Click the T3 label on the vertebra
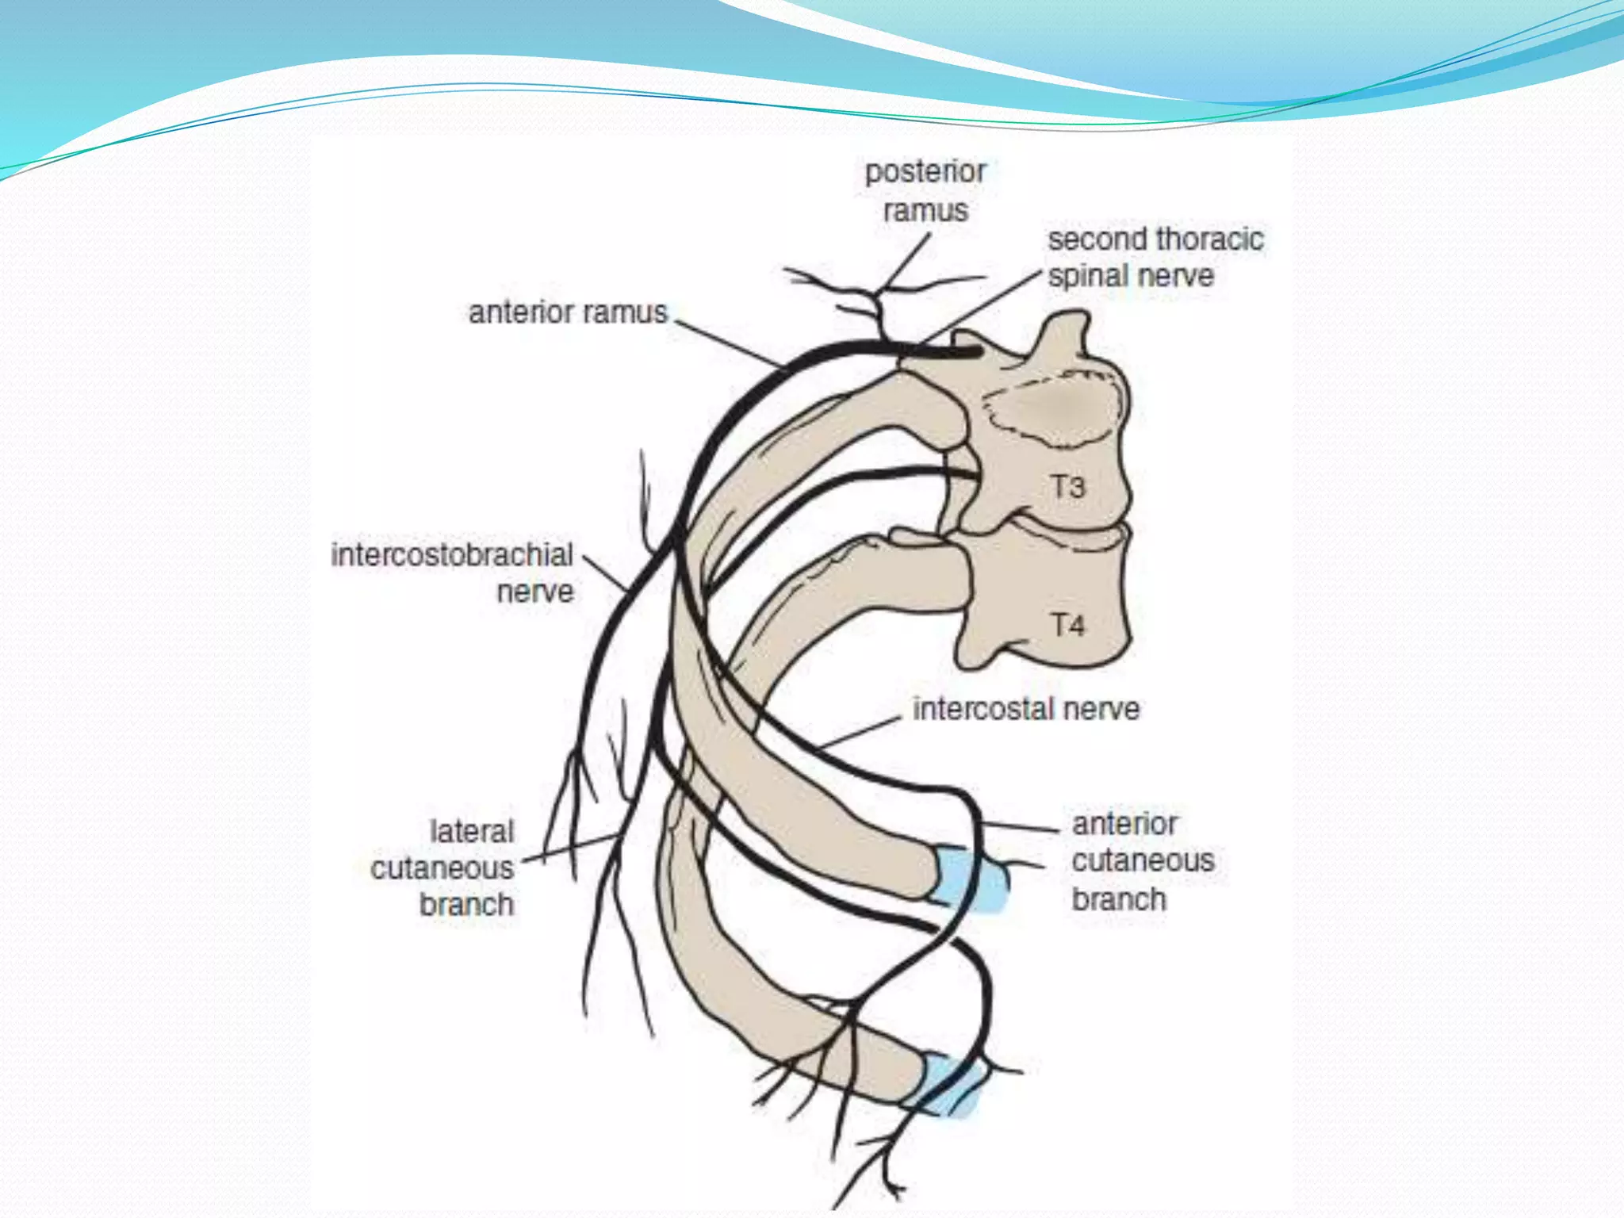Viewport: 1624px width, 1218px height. [1067, 486]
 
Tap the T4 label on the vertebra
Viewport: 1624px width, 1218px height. [1067, 625]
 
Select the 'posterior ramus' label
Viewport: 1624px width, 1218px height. [925, 191]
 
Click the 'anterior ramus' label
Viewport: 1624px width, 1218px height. [568, 312]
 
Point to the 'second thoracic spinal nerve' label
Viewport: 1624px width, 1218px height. [1155, 258]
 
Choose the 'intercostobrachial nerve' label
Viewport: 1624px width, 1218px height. [453, 573]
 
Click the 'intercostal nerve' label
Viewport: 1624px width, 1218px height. [1026, 709]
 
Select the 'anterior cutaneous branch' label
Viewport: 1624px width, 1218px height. [1143, 861]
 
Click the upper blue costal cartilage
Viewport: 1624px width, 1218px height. [969, 879]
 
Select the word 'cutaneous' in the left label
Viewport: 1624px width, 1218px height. [442, 868]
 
